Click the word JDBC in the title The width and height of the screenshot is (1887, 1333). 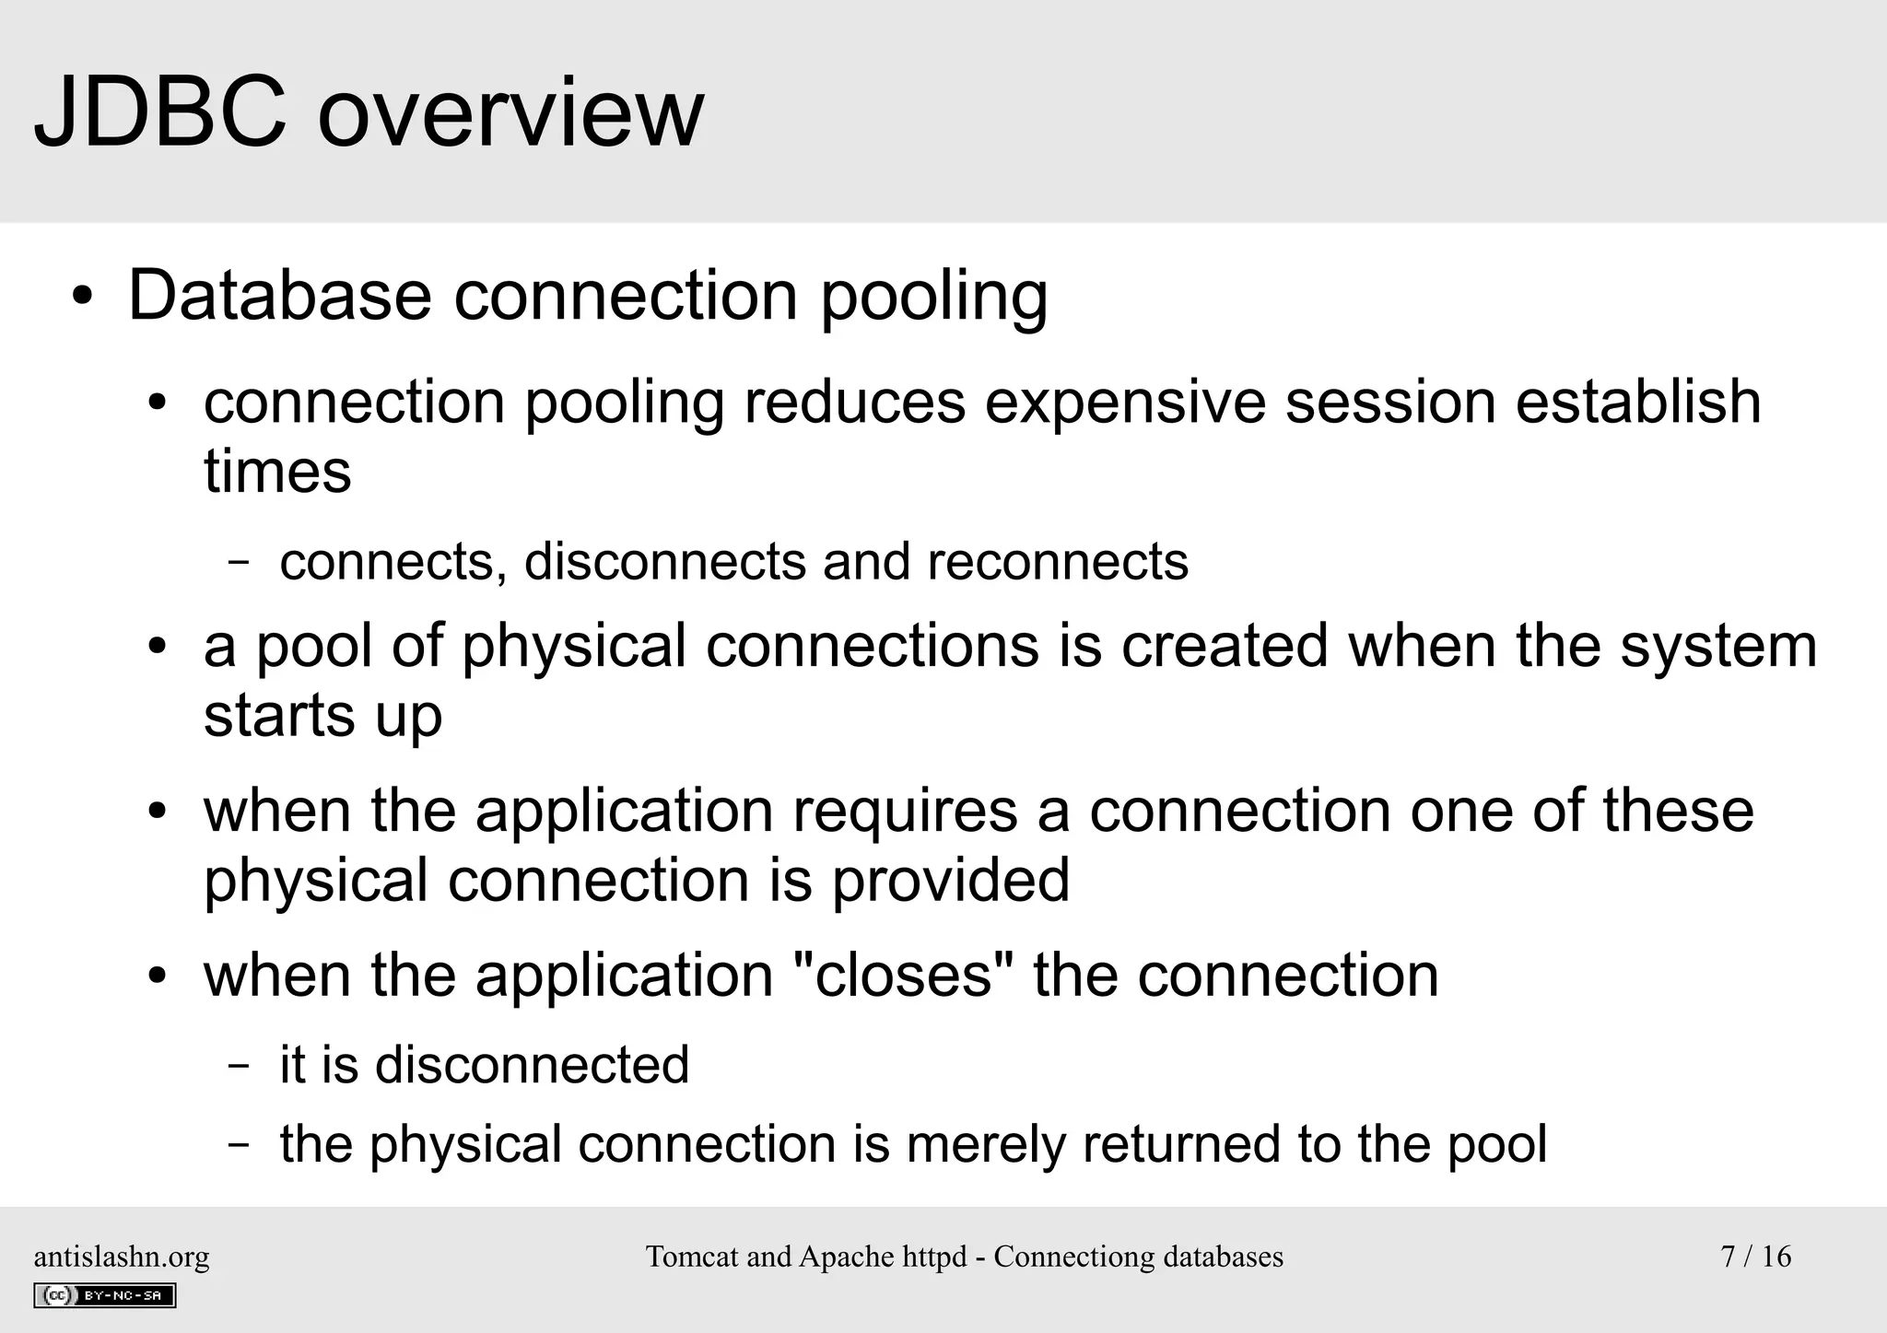pyautogui.click(x=160, y=112)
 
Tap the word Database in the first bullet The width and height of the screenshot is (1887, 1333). pyautogui.click(x=279, y=296)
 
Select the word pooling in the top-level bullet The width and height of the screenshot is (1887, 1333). pyautogui.click(x=933, y=299)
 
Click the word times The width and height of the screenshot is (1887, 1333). pyautogui.click(x=277, y=472)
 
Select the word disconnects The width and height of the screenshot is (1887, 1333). pyautogui.click(x=664, y=561)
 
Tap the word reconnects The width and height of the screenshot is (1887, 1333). pyautogui.click(x=1058, y=561)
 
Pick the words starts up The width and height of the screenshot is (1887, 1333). pyautogui.click(x=322, y=716)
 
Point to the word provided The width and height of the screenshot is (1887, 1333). pyautogui.click(x=950, y=881)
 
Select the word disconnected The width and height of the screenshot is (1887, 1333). pyautogui.click(x=532, y=1065)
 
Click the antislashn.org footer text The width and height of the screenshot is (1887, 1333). pyautogui.click(x=122, y=1257)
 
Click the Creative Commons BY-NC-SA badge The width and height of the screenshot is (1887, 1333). pyautogui.click(x=104, y=1295)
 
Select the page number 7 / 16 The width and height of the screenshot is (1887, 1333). pyautogui.click(x=1755, y=1257)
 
